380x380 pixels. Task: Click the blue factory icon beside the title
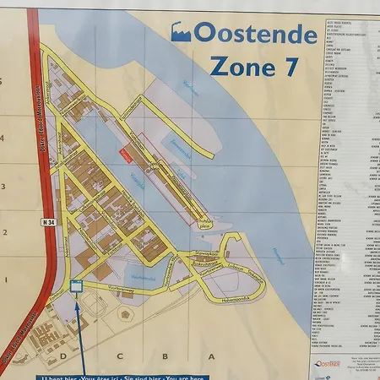(181, 32)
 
